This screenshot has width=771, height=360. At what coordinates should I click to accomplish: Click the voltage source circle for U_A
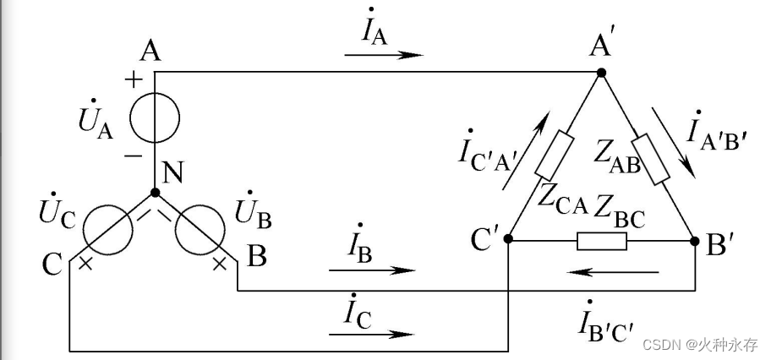pyautogui.click(x=154, y=118)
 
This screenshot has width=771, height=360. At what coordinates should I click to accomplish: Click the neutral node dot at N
pyautogui.click(x=154, y=192)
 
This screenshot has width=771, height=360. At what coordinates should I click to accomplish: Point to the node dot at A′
pyautogui.click(x=601, y=73)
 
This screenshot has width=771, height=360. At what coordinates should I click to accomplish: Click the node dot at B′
pyautogui.click(x=695, y=241)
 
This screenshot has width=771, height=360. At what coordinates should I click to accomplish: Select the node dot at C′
pyautogui.click(x=508, y=240)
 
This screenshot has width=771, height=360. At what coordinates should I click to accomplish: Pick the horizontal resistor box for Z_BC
pyautogui.click(x=601, y=241)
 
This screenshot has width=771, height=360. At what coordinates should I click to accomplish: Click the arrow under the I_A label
pyautogui.click(x=383, y=55)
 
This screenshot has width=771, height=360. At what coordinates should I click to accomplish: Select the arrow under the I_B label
pyautogui.click(x=372, y=270)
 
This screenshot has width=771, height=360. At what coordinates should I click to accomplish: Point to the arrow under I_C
pyautogui.click(x=372, y=334)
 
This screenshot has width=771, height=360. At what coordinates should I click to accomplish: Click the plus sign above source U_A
pyautogui.click(x=133, y=80)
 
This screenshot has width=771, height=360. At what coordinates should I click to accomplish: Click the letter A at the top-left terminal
pyautogui.click(x=150, y=52)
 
